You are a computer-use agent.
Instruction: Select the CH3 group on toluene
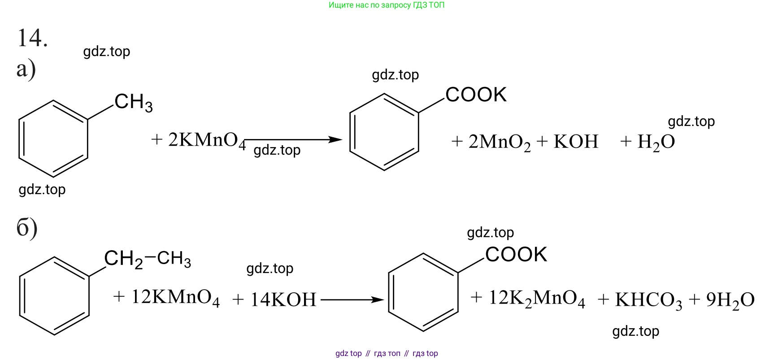(134, 102)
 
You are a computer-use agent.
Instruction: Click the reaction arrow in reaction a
(294, 139)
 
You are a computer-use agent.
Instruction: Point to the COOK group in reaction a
(476, 95)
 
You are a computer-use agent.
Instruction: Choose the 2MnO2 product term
(500, 142)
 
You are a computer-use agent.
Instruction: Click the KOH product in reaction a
(576, 141)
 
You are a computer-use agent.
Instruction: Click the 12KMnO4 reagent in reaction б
(175, 298)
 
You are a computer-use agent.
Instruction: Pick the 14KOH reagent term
(283, 299)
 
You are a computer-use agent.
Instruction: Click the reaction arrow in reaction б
(353, 299)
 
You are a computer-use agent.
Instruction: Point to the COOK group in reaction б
(516, 255)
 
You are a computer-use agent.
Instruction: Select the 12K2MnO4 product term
(537, 299)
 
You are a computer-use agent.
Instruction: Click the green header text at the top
(387, 5)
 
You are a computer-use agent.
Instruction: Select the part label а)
(26, 70)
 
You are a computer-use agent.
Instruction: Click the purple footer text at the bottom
(387, 353)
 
